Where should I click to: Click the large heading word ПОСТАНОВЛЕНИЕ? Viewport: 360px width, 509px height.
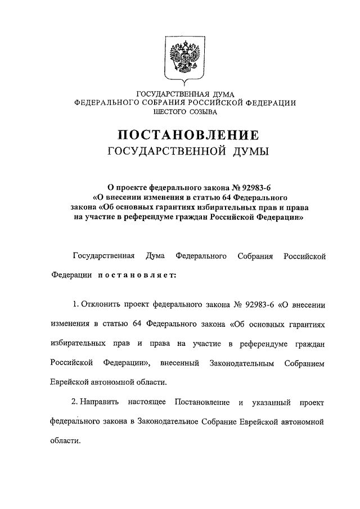pos(188,136)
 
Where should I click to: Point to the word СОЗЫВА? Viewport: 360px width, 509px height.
pos(203,112)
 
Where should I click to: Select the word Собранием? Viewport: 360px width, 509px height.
pos(305,363)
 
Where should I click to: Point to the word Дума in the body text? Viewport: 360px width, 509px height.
pos(155,256)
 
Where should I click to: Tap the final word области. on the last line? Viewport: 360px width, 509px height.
pos(65,440)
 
